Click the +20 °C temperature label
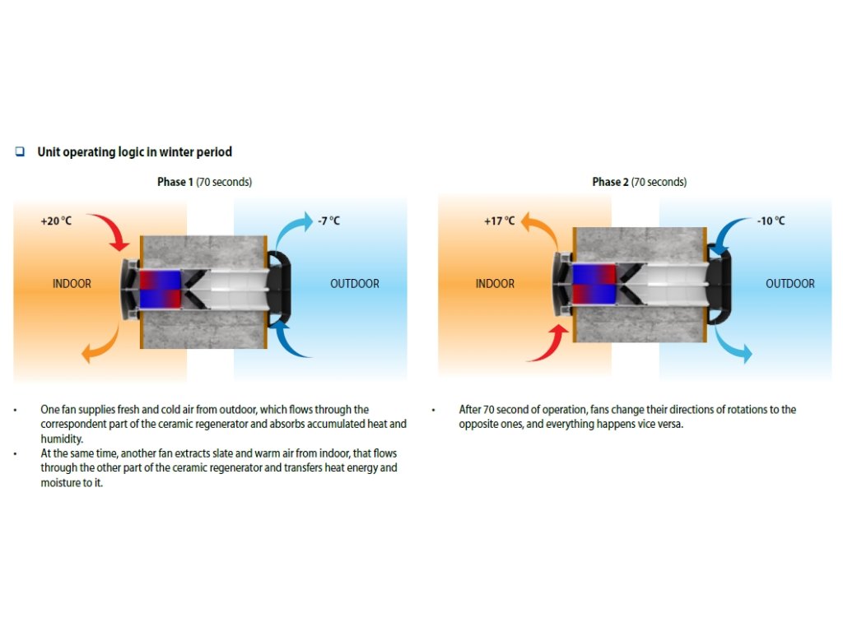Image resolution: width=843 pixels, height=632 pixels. [x=56, y=221]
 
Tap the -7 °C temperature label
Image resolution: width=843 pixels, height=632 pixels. [x=328, y=221]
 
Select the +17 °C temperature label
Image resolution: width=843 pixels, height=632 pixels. [x=499, y=221]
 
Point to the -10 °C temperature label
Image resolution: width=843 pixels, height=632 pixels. [x=771, y=221]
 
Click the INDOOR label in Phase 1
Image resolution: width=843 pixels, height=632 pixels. [x=72, y=284]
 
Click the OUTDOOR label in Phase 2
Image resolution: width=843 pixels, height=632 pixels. [x=789, y=284]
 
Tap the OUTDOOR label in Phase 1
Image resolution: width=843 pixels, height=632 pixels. [x=355, y=284]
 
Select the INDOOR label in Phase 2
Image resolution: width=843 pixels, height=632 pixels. [x=495, y=284]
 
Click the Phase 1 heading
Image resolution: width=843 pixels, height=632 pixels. [x=204, y=182]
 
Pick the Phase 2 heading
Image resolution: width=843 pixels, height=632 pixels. [x=639, y=182]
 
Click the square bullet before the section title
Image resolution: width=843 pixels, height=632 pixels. [x=20, y=151]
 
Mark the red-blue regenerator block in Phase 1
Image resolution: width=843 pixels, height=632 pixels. [x=159, y=290]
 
